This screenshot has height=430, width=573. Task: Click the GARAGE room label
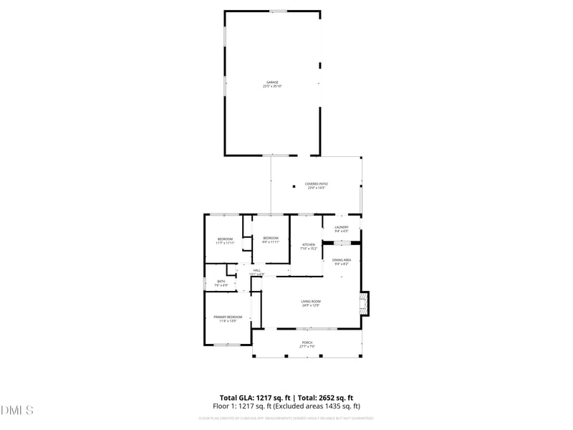point(273,82)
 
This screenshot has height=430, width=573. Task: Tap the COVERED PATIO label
point(317,184)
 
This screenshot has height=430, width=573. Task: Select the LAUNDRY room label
point(341,227)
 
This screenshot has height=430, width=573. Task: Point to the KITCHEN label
point(309,244)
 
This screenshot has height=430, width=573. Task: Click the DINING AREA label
point(342,260)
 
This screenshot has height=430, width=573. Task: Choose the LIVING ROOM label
point(310,301)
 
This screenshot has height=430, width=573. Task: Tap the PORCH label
point(307,343)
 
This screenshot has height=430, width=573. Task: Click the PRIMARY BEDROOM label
point(228,317)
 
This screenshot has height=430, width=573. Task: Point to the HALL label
point(256,270)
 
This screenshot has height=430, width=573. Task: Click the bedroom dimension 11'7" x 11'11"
point(225,243)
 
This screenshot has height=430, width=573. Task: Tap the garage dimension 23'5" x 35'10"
point(273,87)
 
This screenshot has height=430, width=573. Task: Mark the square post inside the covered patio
point(294,187)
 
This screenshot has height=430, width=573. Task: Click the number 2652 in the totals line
point(322,398)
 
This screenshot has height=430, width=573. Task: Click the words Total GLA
point(235,398)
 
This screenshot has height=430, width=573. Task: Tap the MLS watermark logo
point(17,411)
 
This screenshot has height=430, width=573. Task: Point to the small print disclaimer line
point(286,418)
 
